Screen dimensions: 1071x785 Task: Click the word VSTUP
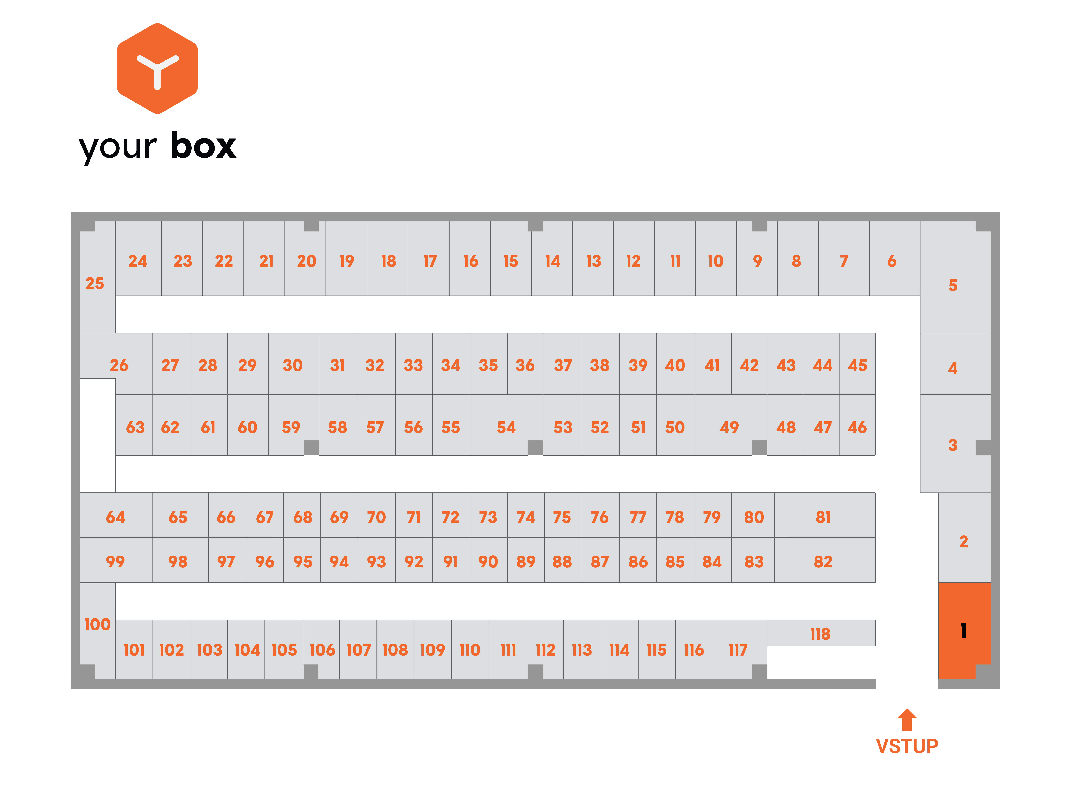click(907, 746)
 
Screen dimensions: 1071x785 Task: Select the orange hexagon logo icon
click(157, 68)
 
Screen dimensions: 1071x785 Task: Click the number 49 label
click(729, 427)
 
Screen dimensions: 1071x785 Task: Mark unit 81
click(825, 515)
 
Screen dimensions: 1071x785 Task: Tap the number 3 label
click(953, 445)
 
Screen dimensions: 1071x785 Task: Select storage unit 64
click(116, 515)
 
